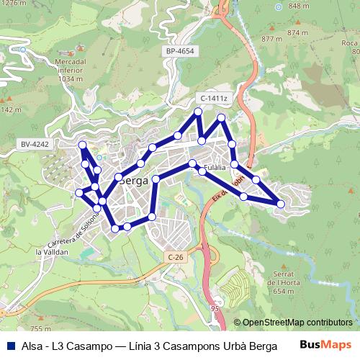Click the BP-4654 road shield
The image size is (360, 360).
pos(179,52)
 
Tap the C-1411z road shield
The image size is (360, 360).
pos(214,98)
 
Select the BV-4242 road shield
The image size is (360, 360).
pos(35,144)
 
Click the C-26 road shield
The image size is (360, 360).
pos(175,257)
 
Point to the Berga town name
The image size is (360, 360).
pos(134,181)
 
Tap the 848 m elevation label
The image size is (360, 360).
pos(297,6)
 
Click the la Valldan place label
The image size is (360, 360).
pos(52,252)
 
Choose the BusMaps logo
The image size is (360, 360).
pos(330,346)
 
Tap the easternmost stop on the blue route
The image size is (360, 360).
pos(281,204)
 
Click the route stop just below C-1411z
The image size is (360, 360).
pos(197,111)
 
